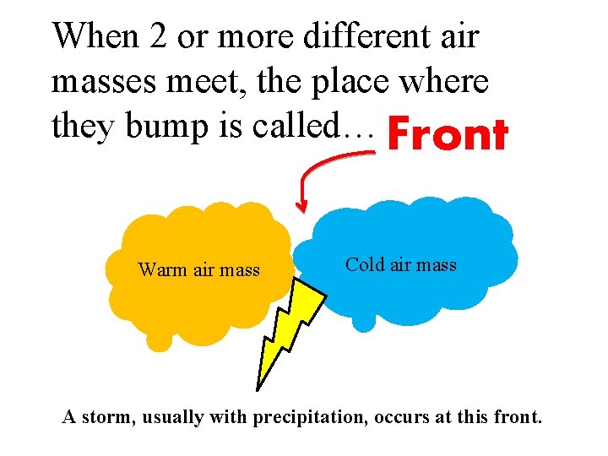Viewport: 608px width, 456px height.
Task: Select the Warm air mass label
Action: [198, 270]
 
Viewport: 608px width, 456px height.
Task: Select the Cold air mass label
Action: [401, 264]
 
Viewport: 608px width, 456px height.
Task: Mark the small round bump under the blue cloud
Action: [364, 322]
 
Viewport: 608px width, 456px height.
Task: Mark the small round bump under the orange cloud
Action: [158, 339]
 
